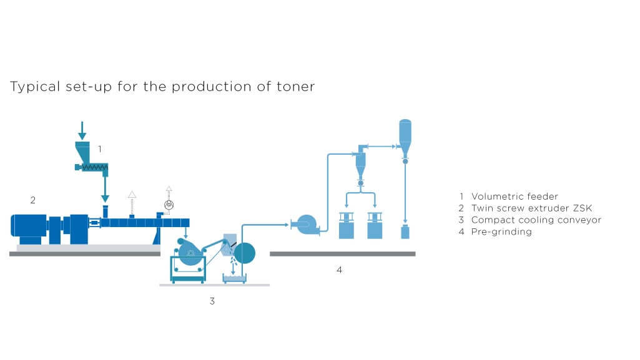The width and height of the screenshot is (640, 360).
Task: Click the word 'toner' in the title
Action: click(296, 87)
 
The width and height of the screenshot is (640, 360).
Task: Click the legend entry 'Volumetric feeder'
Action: click(514, 197)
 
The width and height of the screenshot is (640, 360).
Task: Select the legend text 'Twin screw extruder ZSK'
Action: click(531, 208)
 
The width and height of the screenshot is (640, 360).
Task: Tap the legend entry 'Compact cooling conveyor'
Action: click(536, 220)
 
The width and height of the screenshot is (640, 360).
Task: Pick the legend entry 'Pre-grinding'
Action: click(501, 231)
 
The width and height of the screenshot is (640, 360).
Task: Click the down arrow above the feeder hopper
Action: click(82, 130)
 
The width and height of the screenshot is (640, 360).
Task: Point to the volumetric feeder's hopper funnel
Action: click(82, 152)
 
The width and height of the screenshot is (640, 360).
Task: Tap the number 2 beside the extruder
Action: click(33, 200)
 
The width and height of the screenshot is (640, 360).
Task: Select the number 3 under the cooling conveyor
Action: click(212, 301)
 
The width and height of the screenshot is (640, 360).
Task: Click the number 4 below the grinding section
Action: click(339, 270)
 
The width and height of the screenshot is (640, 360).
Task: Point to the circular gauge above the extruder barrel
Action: click(168, 204)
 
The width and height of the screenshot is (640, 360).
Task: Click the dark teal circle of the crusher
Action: click(244, 253)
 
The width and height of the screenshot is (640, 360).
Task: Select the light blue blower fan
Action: click(308, 225)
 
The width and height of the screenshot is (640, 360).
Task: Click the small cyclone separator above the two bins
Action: click(360, 163)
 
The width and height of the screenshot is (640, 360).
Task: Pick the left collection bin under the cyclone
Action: click(347, 226)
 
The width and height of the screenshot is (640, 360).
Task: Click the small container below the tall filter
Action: click(405, 232)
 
